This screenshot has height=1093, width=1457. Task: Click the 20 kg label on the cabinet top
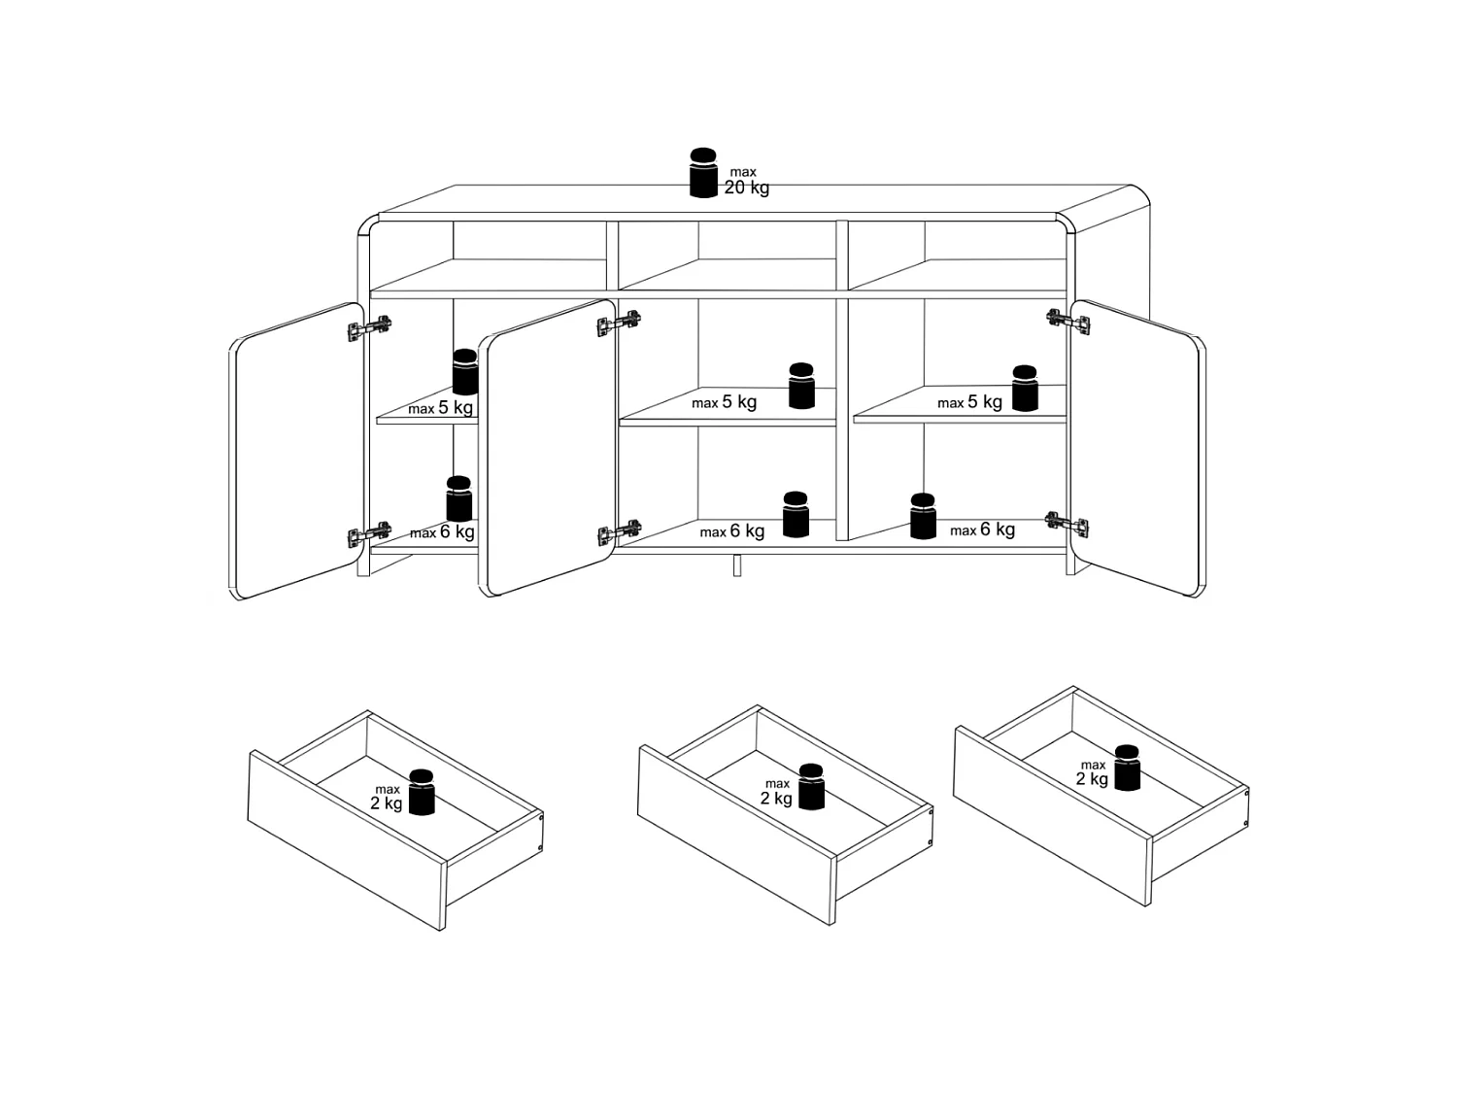(x=746, y=188)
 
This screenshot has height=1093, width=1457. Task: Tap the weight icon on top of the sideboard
(x=703, y=173)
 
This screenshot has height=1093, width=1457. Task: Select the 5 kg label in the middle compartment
(x=739, y=401)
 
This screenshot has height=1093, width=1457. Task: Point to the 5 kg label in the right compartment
(x=984, y=401)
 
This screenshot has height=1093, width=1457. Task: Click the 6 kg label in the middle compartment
(x=747, y=530)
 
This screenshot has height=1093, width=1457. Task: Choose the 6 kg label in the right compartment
(x=997, y=529)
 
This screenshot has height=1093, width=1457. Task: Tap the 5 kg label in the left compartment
(x=456, y=407)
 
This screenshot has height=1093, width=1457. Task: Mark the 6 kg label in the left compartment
(x=457, y=531)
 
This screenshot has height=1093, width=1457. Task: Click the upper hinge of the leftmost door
(x=369, y=327)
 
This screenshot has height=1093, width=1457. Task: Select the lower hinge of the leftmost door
(x=369, y=534)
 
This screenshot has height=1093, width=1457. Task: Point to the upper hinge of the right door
(x=1068, y=322)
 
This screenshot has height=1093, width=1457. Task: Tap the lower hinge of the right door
(x=1067, y=525)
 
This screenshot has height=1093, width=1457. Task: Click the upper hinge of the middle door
(x=619, y=324)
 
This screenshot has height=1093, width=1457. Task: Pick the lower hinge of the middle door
(x=620, y=532)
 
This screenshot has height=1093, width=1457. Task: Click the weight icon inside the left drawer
(x=421, y=792)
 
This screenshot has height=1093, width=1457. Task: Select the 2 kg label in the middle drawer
(x=776, y=798)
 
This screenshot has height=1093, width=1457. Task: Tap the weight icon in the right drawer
(x=1127, y=768)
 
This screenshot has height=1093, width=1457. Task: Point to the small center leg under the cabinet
(x=737, y=565)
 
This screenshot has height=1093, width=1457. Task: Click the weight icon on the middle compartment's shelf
(x=801, y=386)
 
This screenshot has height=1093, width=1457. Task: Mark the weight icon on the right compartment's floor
(x=923, y=516)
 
